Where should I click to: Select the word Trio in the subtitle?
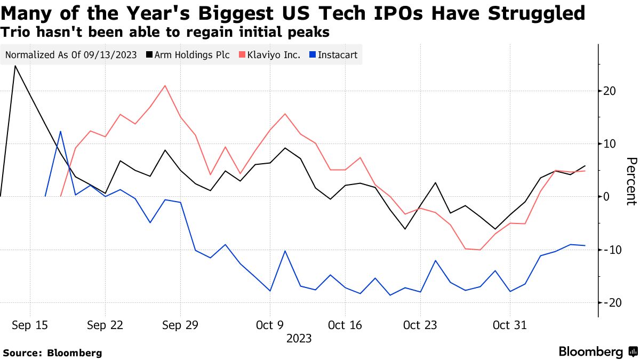(14, 33)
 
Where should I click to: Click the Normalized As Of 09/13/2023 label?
(71, 54)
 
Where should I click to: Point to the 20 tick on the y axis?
(610, 91)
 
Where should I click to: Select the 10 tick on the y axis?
(610, 144)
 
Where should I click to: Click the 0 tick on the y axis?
(606, 197)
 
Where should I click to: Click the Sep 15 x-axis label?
(29, 325)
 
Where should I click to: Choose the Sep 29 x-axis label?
(180, 325)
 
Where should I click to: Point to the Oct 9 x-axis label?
(270, 325)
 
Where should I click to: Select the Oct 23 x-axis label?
(420, 325)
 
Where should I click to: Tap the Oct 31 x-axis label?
(510, 325)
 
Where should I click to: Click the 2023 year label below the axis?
(299, 338)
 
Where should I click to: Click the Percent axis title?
(631, 181)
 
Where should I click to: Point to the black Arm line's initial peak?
(15, 66)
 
